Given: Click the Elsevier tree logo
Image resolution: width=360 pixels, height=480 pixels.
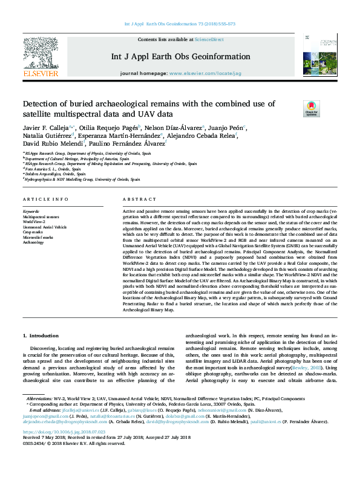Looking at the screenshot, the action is [41, 55].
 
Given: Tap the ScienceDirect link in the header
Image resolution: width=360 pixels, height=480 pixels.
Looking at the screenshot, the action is [209, 40].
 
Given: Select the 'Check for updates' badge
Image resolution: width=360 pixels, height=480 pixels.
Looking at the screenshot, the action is [294, 109].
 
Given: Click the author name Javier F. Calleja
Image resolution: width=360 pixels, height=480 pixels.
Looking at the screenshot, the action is [45, 128].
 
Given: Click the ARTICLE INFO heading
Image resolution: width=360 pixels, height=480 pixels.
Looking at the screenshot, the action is [45, 199].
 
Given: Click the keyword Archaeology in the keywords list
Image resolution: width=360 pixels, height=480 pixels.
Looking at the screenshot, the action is [33, 242].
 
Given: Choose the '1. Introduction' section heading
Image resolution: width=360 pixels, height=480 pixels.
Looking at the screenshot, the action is [41, 335].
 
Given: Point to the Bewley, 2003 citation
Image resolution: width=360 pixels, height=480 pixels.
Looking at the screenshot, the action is [302, 367].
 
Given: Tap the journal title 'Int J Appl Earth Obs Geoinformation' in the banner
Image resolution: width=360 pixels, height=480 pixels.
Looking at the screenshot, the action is [180, 57].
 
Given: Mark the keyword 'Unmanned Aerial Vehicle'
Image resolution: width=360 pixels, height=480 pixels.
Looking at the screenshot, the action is [45, 227].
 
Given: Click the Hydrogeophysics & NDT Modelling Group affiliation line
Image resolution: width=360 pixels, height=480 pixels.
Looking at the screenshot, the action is [82, 180].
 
